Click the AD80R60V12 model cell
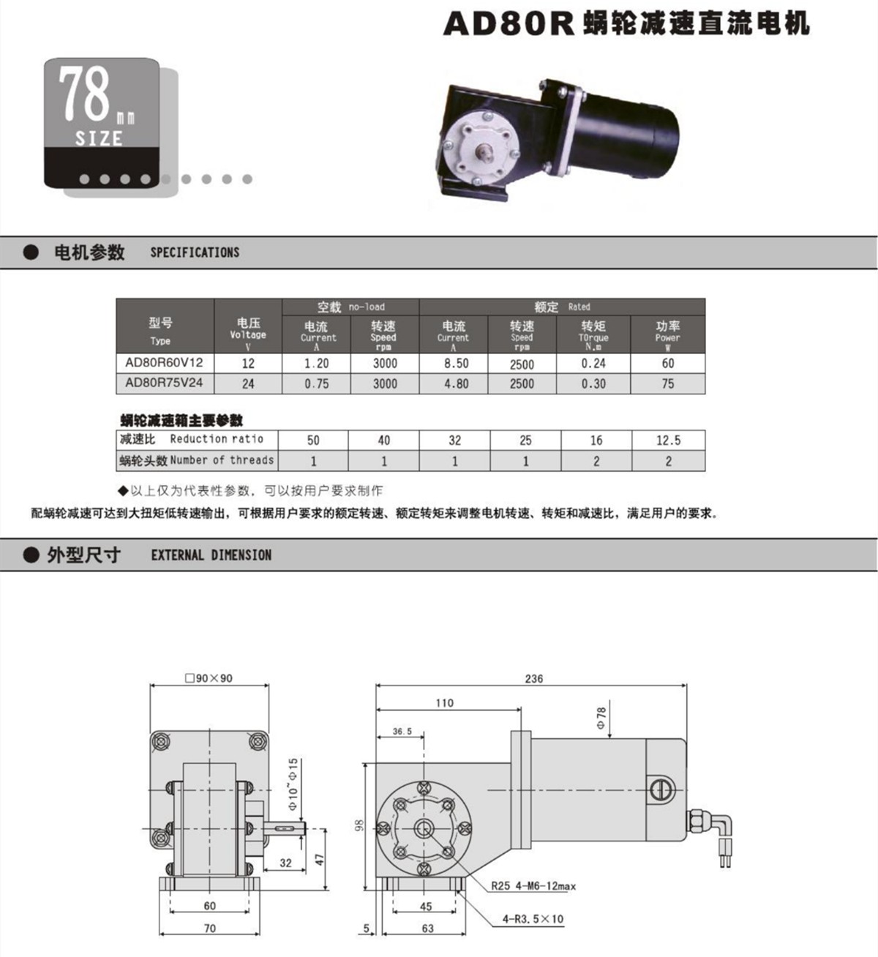tap(165, 363)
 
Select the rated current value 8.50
tap(456, 364)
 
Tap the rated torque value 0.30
tap(593, 383)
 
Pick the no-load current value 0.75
tap(316, 383)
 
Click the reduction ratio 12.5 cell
tap(668, 440)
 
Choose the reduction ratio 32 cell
tap(455, 440)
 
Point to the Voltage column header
tap(247, 334)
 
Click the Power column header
tap(667, 334)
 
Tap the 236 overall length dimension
tap(534, 678)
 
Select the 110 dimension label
tap(444, 702)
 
